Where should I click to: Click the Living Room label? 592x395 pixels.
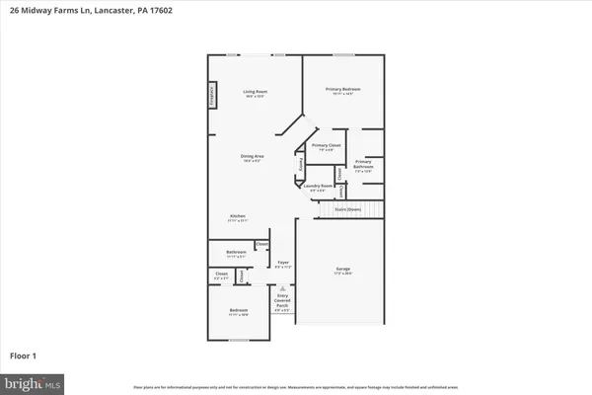point(257,93)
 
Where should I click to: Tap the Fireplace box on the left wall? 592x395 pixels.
point(211,95)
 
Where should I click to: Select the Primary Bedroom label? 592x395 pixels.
point(342,90)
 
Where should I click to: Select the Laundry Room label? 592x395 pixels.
point(317,186)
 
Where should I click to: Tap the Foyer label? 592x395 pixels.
point(282,263)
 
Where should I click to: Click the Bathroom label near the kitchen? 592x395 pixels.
point(221,253)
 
